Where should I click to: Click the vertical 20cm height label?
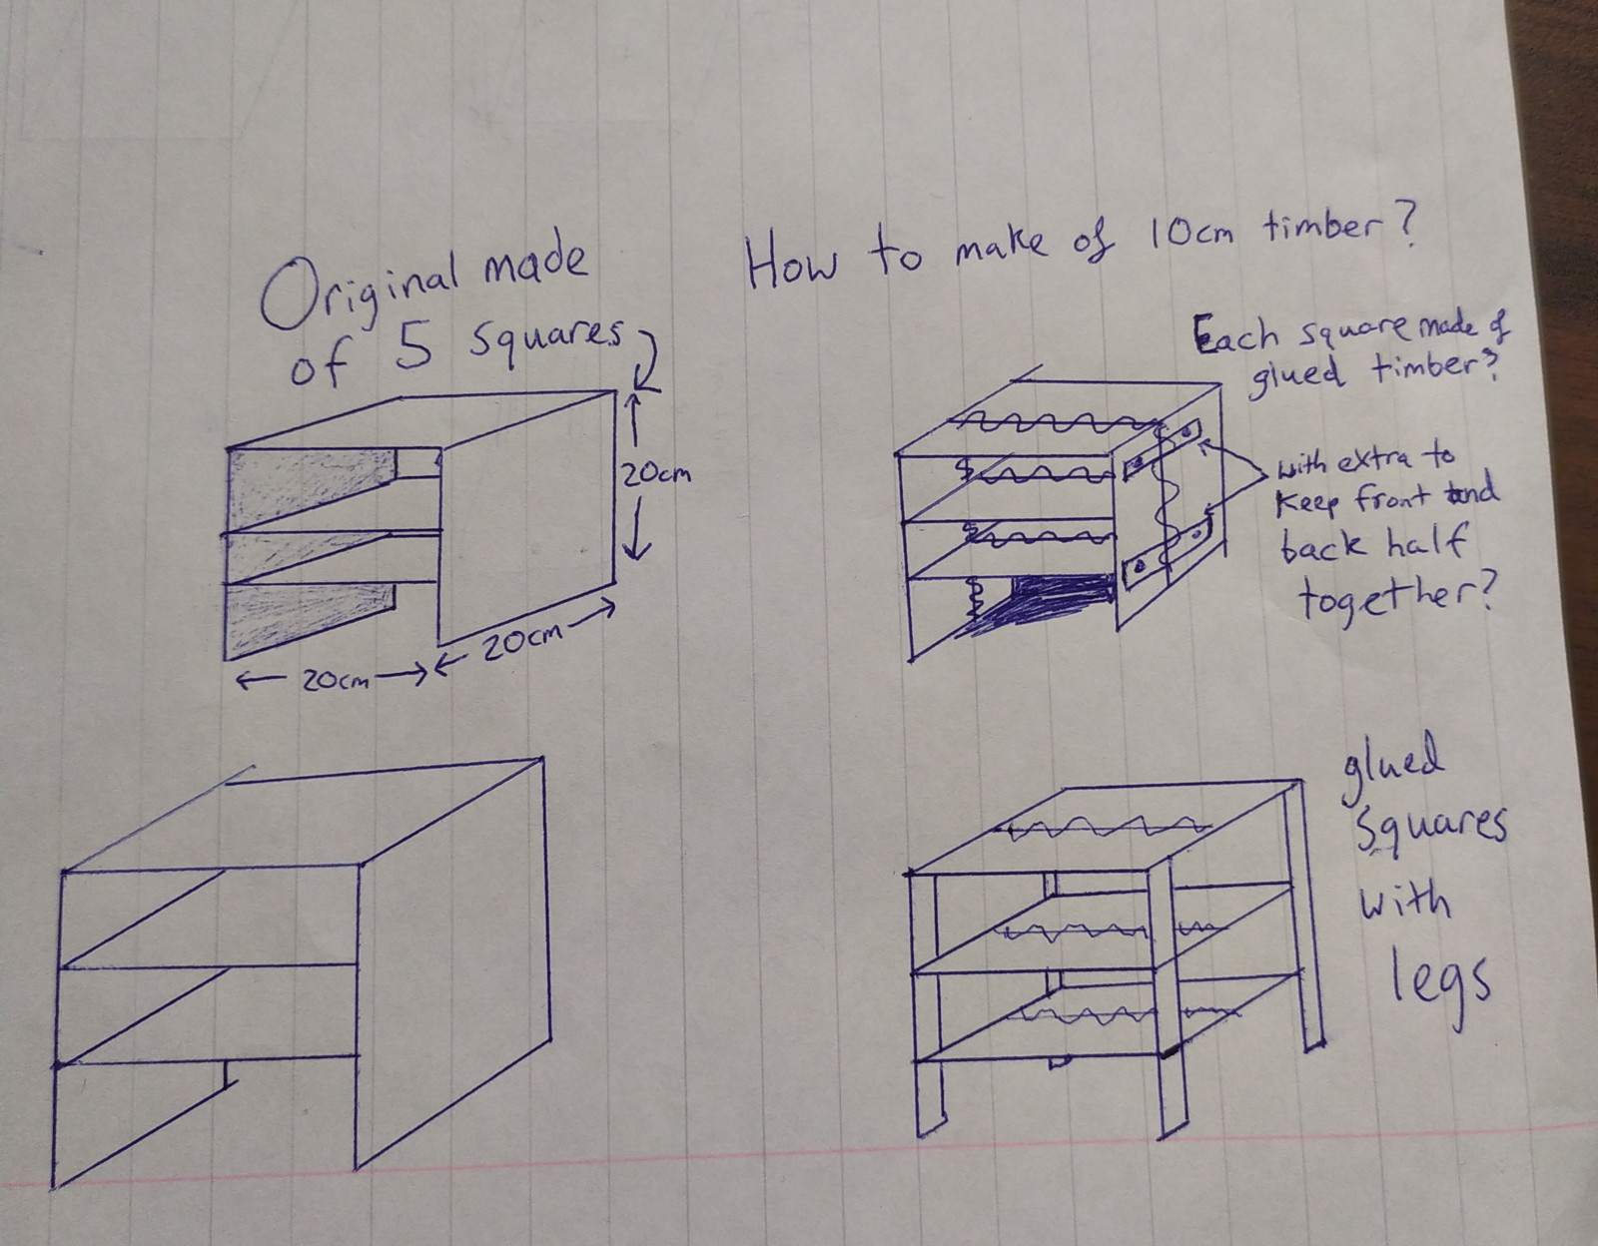point(654,475)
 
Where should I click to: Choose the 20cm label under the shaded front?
point(335,681)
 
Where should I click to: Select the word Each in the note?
point(1236,336)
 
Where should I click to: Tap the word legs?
point(1440,986)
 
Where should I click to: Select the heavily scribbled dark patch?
point(1045,603)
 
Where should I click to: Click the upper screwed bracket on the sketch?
point(1162,450)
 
